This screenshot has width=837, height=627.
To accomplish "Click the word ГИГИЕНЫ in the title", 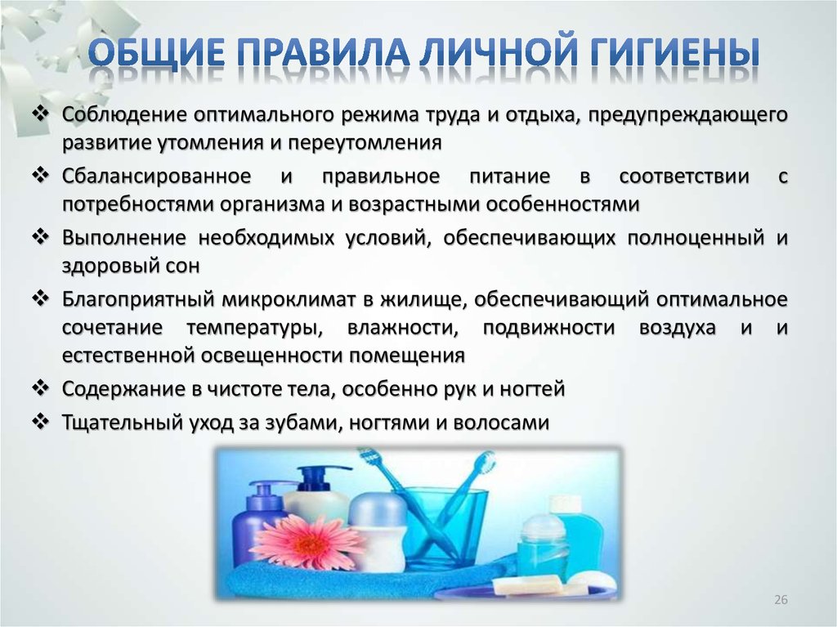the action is coord(674,53).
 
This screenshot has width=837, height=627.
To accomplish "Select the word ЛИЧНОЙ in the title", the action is coord(499,53).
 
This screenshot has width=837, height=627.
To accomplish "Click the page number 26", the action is coord(781,599).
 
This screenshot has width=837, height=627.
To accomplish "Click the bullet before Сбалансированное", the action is coord(41,175).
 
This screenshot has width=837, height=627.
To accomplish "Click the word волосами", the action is coord(501,423).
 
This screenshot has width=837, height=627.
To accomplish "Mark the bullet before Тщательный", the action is coord(41,421).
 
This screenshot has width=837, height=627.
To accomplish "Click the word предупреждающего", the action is coord(687,115).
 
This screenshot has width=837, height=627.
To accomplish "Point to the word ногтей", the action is coord(531,389).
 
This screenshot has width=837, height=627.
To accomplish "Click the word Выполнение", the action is coord(124,237).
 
